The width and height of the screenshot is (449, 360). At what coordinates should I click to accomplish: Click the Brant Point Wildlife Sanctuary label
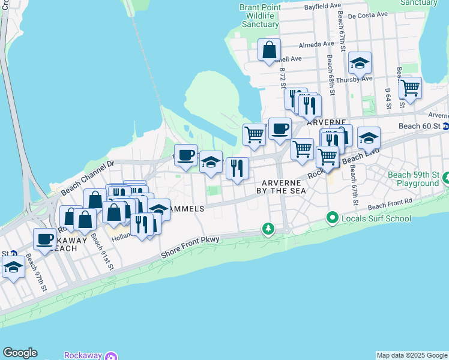tap(260, 16)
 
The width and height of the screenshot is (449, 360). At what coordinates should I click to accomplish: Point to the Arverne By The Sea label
tap(284, 186)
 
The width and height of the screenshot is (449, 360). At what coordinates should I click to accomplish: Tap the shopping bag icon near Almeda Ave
tap(270, 49)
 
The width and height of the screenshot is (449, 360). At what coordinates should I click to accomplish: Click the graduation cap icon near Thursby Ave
tap(360, 62)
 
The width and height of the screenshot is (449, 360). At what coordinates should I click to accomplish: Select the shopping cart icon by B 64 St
tap(410, 88)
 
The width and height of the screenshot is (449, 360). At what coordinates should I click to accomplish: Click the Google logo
tap(20, 353)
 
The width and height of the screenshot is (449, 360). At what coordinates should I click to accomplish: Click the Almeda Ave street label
tap(316, 44)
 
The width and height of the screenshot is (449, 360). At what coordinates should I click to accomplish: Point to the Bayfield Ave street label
tap(318, 5)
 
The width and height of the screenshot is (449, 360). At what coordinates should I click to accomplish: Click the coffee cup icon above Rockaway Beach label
tap(44, 239)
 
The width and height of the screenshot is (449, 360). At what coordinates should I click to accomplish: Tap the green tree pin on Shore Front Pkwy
tap(268, 229)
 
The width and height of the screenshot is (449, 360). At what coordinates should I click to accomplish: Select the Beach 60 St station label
tap(420, 127)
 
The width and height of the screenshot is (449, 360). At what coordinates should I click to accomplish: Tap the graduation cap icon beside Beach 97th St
tap(13, 267)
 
